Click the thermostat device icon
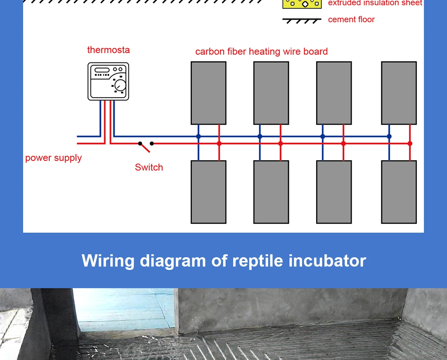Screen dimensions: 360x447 [x=108, y=81]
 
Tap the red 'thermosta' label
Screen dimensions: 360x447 [x=108, y=50]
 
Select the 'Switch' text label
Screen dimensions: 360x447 [x=149, y=168]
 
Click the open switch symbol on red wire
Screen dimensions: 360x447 [x=146, y=146]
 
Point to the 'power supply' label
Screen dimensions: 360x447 [x=53, y=158]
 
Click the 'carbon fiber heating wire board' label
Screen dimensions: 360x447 [x=261, y=51]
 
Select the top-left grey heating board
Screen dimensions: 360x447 [x=208, y=93]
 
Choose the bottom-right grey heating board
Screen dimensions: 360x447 [x=399, y=192]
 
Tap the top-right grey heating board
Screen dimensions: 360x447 [x=399, y=93]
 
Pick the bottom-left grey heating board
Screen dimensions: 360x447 [x=208, y=192]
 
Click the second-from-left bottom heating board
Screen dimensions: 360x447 [x=271, y=192]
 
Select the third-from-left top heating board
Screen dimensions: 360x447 [x=334, y=93]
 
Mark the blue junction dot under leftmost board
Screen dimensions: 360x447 [x=198, y=137]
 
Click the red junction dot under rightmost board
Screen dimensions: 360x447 [x=410, y=143]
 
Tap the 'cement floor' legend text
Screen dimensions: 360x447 [x=351, y=20]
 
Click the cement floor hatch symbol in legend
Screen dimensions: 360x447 [x=302, y=21]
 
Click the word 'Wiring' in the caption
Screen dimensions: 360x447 [x=108, y=261]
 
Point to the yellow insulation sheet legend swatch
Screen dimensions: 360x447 [x=302, y=4]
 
